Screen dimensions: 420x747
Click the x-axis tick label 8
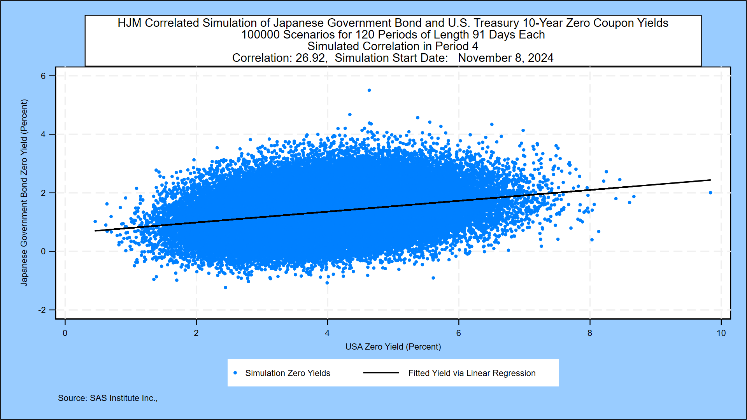click(x=590, y=333)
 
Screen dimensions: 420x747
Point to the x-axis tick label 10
click(x=721, y=333)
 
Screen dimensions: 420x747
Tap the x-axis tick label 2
click(x=196, y=333)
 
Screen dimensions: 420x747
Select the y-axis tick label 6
click(x=43, y=76)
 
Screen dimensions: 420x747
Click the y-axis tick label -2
click(x=42, y=310)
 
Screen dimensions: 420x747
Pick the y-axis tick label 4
click(x=43, y=135)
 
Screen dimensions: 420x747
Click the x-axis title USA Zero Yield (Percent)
click(x=393, y=346)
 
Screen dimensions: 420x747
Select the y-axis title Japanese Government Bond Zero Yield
click(x=24, y=192)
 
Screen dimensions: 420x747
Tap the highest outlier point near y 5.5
click(x=369, y=90)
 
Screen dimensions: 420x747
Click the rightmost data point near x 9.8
click(x=710, y=192)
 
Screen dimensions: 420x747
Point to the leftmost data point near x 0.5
click(x=95, y=222)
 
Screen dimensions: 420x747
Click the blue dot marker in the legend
click(x=235, y=373)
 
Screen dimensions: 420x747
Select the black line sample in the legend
click(x=381, y=373)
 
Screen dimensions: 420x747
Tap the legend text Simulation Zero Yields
click(x=288, y=373)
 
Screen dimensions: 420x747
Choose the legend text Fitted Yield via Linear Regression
click(x=472, y=373)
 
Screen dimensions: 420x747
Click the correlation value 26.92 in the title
click(x=310, y=58)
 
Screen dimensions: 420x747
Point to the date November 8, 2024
click(x=505, y=58)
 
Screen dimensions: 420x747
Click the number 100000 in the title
click(x=260, y=35)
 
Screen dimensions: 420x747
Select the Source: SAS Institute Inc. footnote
click(x=107, y=398)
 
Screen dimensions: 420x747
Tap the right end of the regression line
click(x=710, y=180)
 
